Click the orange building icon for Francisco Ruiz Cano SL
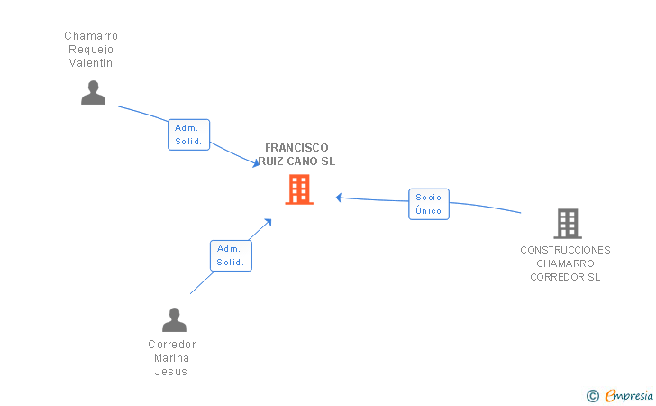tap(299, 189)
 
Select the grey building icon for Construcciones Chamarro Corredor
tap(567, 223)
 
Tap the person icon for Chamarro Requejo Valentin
tap(93, 93)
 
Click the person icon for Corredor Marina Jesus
tap(174, 320)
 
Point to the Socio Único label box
tap(429, 204)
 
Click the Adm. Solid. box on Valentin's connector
tap(188, 134)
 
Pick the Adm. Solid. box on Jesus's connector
tap(231, 255)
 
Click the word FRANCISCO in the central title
tap(296, 148)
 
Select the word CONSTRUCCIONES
tap(565, 250)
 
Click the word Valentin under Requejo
tap(91, 63)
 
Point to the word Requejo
tap(91, 50)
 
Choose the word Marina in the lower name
tap(171, 358)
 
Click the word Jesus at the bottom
tap(171, 372)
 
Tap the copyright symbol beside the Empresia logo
tap(592, 395)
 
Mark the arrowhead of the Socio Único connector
tap(339, 198)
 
